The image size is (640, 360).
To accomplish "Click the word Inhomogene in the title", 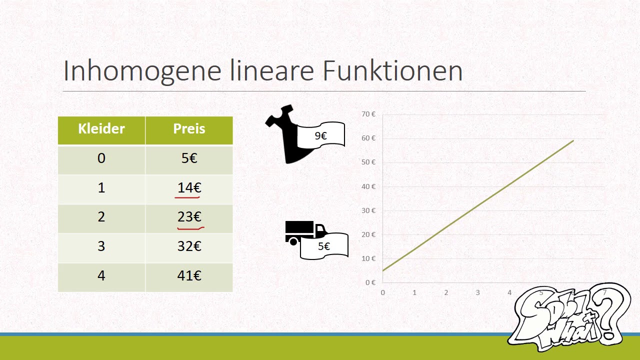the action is (x=142, y=71).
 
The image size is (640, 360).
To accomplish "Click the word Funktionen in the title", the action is (x=392, y=70).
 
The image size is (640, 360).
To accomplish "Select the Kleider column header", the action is (x=101, y=130).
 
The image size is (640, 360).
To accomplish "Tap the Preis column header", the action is (x=189, y=130).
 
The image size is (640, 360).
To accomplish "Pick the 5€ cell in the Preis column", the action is (x=189, y=160).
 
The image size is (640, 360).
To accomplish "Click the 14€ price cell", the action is (x=189, y=189).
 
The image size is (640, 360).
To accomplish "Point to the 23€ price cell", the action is (x=189, y=219).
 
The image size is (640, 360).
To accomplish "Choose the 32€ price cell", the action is (x=189, y=248).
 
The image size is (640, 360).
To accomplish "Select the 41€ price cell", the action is (x=189, y=277).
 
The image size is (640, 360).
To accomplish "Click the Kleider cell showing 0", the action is (x=101, y=160).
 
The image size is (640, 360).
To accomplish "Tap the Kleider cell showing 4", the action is (x=101, y=277).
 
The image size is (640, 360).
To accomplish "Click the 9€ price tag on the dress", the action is (x=320, y=135).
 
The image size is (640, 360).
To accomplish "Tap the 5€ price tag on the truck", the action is (x=324, y=246).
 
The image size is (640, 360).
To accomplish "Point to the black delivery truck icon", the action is (x=305, y=232).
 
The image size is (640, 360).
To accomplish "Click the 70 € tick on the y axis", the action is (x=368, y=114).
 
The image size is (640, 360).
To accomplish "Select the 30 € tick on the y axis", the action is (x=368, y=210).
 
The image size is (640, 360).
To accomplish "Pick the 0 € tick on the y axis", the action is (x=370, y=282).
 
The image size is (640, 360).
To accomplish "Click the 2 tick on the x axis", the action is (x=446, y=292).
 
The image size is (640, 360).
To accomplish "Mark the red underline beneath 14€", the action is (x=187, y=197).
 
